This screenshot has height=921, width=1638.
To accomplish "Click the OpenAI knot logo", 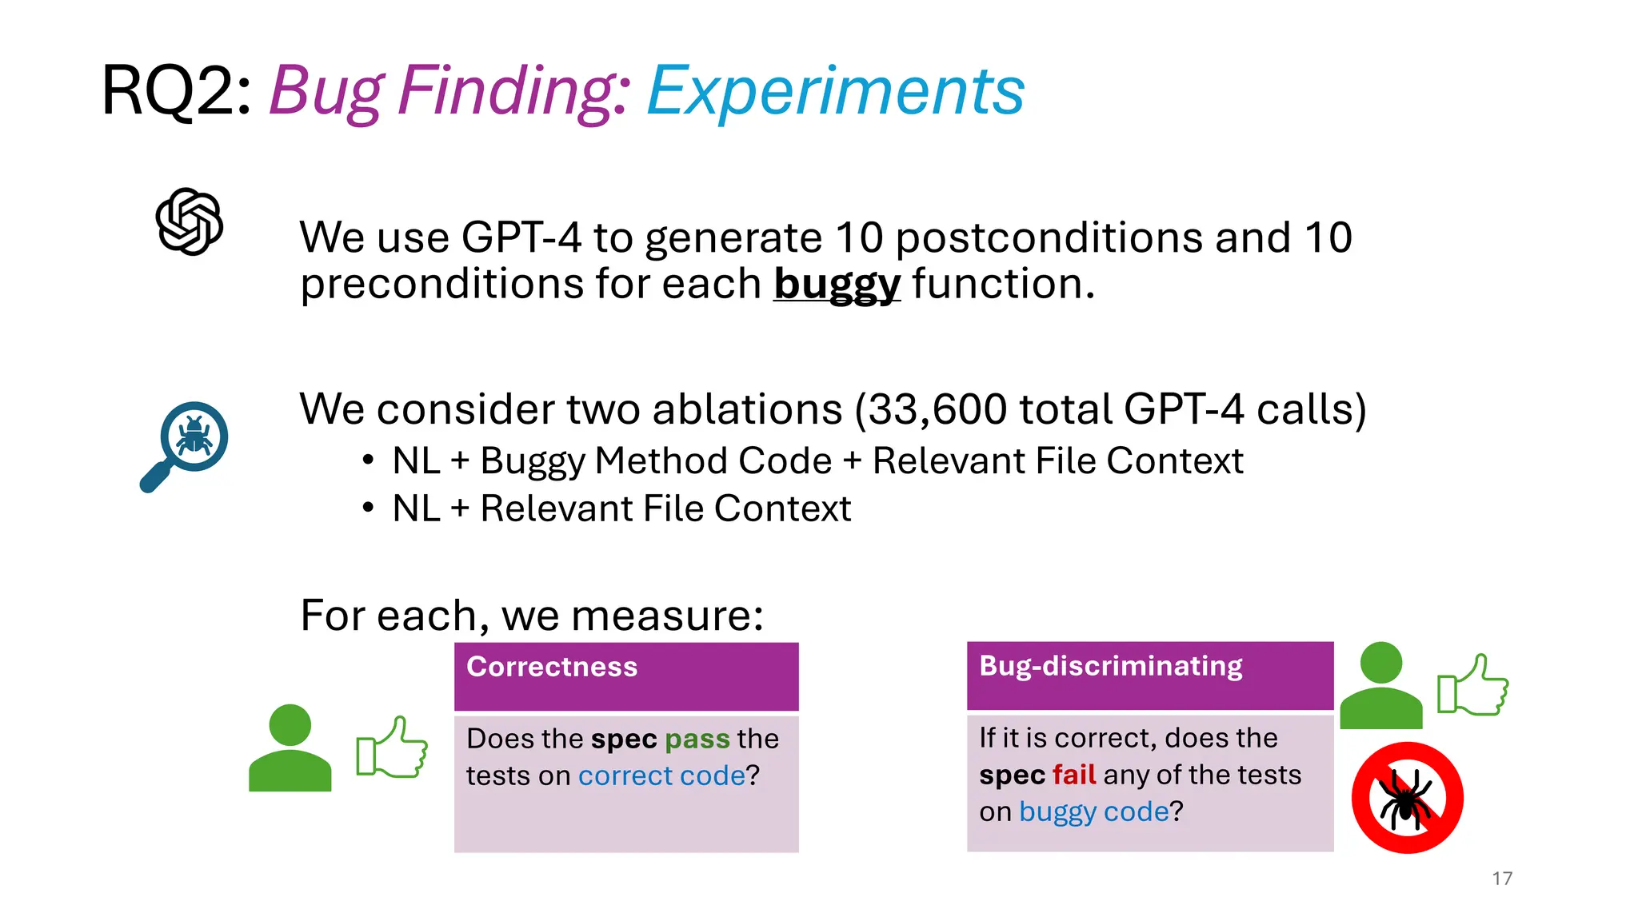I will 190,222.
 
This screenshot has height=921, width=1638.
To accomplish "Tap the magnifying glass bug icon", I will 186,445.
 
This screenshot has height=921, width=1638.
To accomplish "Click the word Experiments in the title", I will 835,91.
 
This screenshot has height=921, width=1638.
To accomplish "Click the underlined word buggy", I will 837,285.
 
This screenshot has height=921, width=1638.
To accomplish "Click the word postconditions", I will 1049,238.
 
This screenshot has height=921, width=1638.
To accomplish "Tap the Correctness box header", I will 626,676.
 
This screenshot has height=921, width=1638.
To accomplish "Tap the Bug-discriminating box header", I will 1149,675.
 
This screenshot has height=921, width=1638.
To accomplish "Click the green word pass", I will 697,740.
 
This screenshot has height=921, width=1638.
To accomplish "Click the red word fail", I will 1073,775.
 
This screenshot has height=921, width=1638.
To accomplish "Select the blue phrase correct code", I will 661,775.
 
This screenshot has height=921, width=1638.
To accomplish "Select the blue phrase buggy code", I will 1093,811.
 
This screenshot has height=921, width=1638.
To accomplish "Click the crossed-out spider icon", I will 1407,798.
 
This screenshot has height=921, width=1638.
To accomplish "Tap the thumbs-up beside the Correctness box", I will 392,748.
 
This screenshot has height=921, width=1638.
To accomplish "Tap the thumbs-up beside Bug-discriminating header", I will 1472,685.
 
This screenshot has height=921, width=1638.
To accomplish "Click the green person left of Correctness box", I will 290,748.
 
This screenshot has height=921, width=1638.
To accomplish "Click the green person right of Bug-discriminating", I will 1380,686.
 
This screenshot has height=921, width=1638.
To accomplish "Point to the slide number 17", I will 1501,879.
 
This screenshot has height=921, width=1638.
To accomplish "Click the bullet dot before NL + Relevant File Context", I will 368,508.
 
